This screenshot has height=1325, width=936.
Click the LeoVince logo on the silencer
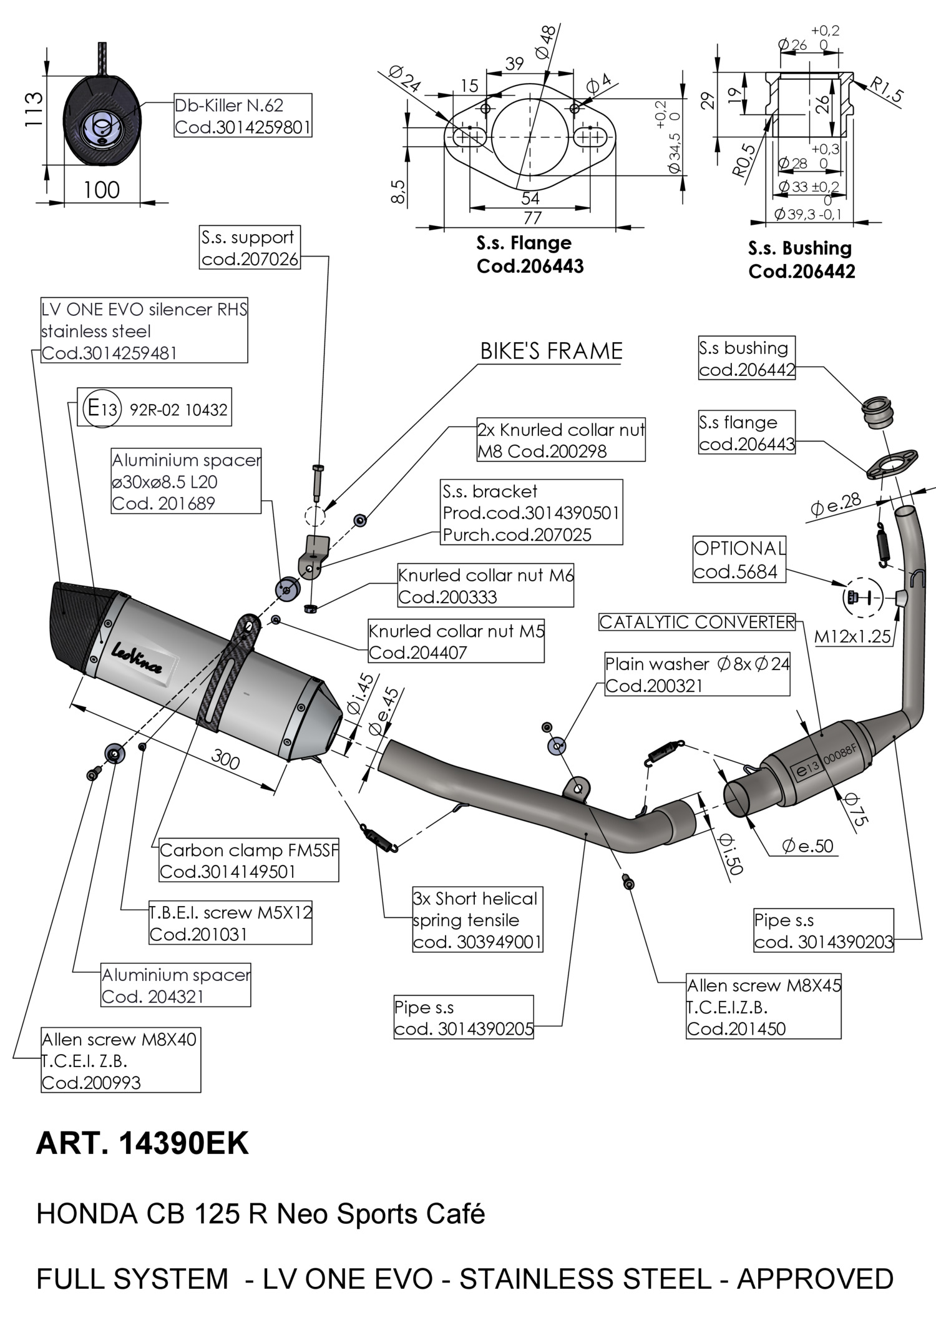pos(137,659)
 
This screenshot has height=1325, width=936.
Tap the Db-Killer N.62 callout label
pos(242,116)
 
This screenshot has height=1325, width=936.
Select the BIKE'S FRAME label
pos(551,351)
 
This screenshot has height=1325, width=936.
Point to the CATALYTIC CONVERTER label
pos(697,622)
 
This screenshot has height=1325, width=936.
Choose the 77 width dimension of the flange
pos(532,218)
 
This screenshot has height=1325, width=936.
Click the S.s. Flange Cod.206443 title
pos(530,254)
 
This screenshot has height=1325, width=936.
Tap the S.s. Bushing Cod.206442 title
pos(801,259)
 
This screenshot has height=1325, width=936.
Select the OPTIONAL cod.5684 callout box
pos(739,559)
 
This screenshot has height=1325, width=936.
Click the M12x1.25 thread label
pos(852,636)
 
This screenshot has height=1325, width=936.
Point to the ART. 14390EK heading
pos(142,1143)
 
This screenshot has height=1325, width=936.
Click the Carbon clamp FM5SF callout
pos(248,860)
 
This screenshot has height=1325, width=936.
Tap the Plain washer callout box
pos(697,674)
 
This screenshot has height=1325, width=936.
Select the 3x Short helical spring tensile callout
pos(477,920)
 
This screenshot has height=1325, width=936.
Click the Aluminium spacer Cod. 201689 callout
pos(186,481)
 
